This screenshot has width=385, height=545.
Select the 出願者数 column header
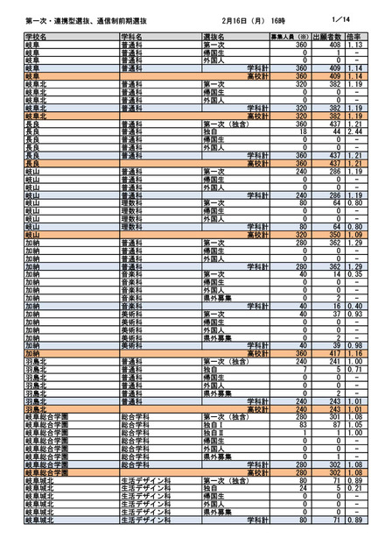pyautogui.click(x=328, y=37)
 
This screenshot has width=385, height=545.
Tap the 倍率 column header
pyautogui.click(x=355, y=37)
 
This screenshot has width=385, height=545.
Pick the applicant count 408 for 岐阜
pyautogui.click(x=333, y=44)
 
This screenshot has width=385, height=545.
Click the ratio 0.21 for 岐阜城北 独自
pyautogui.click(x=356, y=487)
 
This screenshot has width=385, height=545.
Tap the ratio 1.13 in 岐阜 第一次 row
pyautogui.click(x=356, y=44)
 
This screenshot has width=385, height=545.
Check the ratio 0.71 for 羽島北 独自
pyautogui.click(x=356, y=371)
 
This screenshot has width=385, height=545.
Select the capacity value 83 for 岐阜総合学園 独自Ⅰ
pyautogui.click(x=303, y=424)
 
